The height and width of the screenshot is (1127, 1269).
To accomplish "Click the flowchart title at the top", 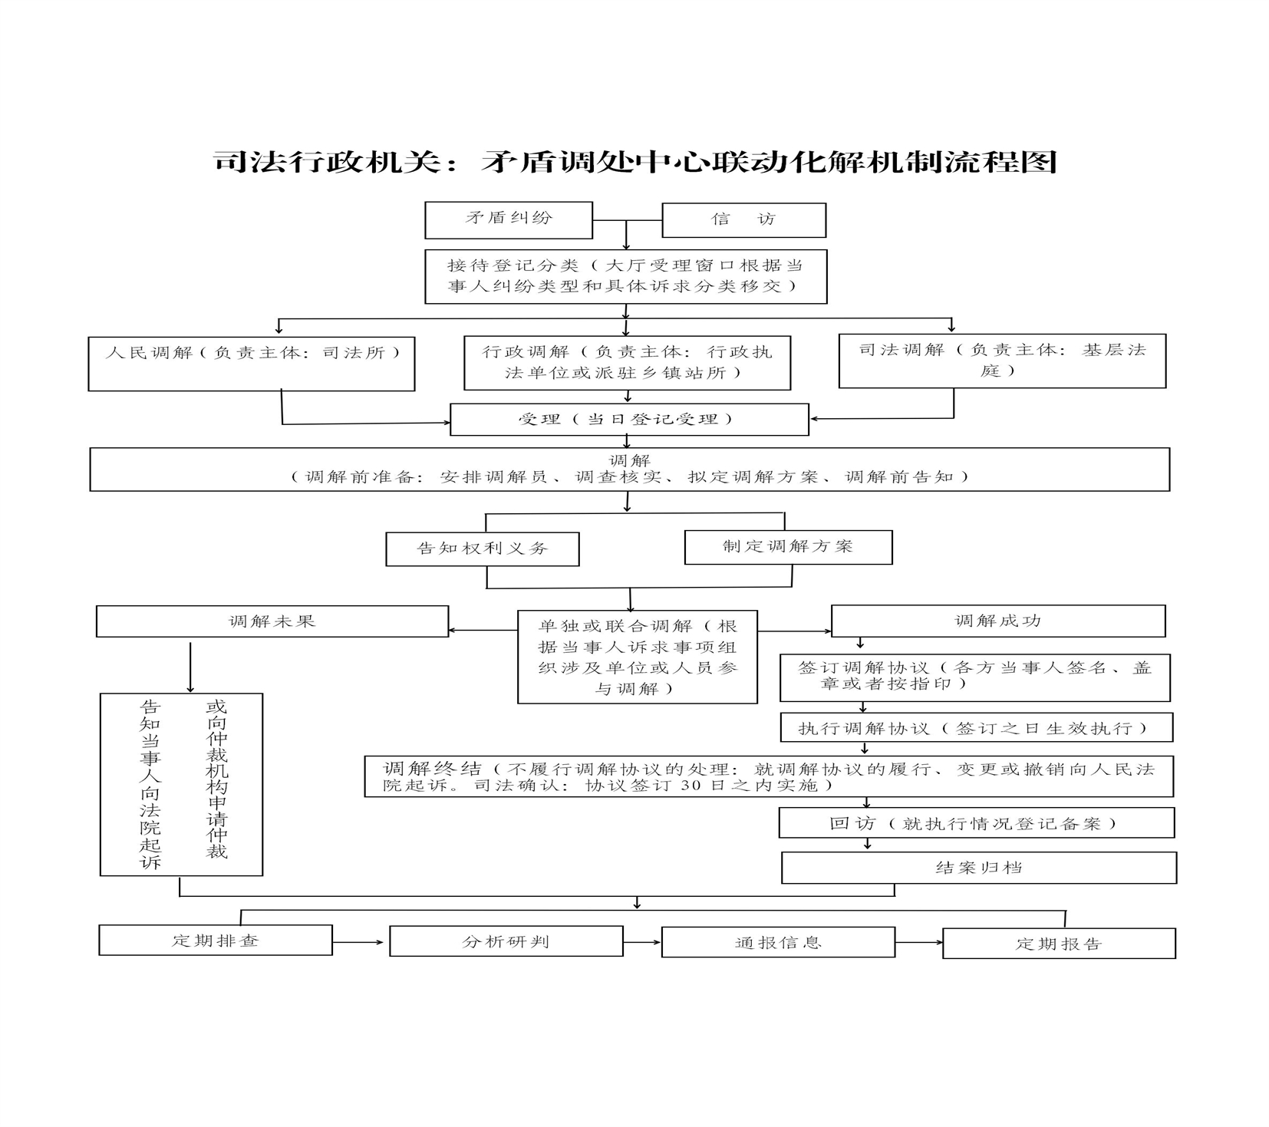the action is [x=635, y=162].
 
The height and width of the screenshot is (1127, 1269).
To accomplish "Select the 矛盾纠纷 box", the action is [x=509, y=220].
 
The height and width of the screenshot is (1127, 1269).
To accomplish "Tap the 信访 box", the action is [x=743, y=220].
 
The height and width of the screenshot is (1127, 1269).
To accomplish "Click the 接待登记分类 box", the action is [x=625, y=276].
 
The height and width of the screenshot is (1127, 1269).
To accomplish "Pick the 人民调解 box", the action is [x=252, y=364].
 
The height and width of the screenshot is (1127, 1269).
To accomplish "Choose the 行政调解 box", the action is [x=627, y=363].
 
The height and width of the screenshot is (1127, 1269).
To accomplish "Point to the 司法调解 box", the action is [x=1002, y=361].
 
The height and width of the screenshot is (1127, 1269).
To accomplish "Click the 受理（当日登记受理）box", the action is [x=629, y=420].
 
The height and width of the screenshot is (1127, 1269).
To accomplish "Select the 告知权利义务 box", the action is [x=483, y=549].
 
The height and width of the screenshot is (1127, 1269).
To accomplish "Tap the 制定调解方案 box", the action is [x=788, y=547].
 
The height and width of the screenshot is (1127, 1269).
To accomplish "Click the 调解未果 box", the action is [x=272, y=621].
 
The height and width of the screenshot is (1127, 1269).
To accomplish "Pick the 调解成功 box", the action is [x=998, y=621].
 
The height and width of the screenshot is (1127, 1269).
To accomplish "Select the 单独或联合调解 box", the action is [x=638, y=657].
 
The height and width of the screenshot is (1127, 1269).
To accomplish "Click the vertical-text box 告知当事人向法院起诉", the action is [x=181, y=784].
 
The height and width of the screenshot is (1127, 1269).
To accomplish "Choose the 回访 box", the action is [x=976, y=823].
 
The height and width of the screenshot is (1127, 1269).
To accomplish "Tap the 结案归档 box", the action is [x=979, y=868].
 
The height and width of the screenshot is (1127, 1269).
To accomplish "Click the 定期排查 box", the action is [x=216, y=940].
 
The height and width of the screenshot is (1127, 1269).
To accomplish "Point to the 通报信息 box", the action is [x=778, y=942].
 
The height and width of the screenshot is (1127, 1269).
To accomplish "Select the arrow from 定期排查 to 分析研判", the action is [x=358, y=941].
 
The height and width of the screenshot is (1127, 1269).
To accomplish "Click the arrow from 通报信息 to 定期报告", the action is [x=919, y=942].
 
